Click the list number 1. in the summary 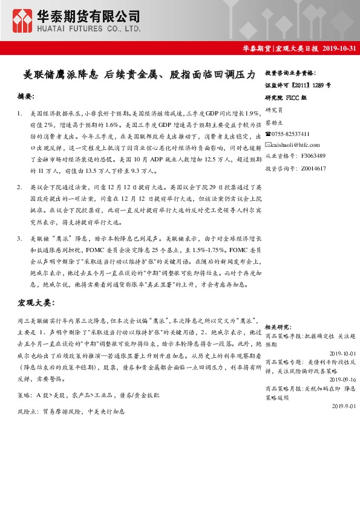click(20, 113)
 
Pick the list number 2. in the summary click(20, 188)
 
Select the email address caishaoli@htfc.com click(295, 144)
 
